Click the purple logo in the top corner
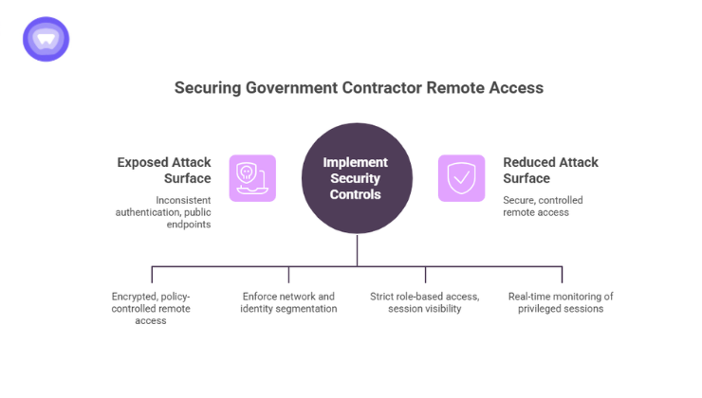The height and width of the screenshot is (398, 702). (46, 39)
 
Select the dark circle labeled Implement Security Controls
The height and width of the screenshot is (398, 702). (357, 178)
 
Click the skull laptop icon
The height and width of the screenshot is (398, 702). (251, 178)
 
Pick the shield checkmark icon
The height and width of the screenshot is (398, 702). (461, 178)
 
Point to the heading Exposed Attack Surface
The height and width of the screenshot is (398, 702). (164, 170)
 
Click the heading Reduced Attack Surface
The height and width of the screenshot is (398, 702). (550, 170)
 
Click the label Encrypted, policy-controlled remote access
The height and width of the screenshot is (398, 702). (152, 308)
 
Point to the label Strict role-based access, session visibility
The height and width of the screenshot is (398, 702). (424, 302)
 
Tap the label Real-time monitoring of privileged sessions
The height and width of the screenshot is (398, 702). (562, 302)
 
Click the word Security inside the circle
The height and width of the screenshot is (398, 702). (357, 178)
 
